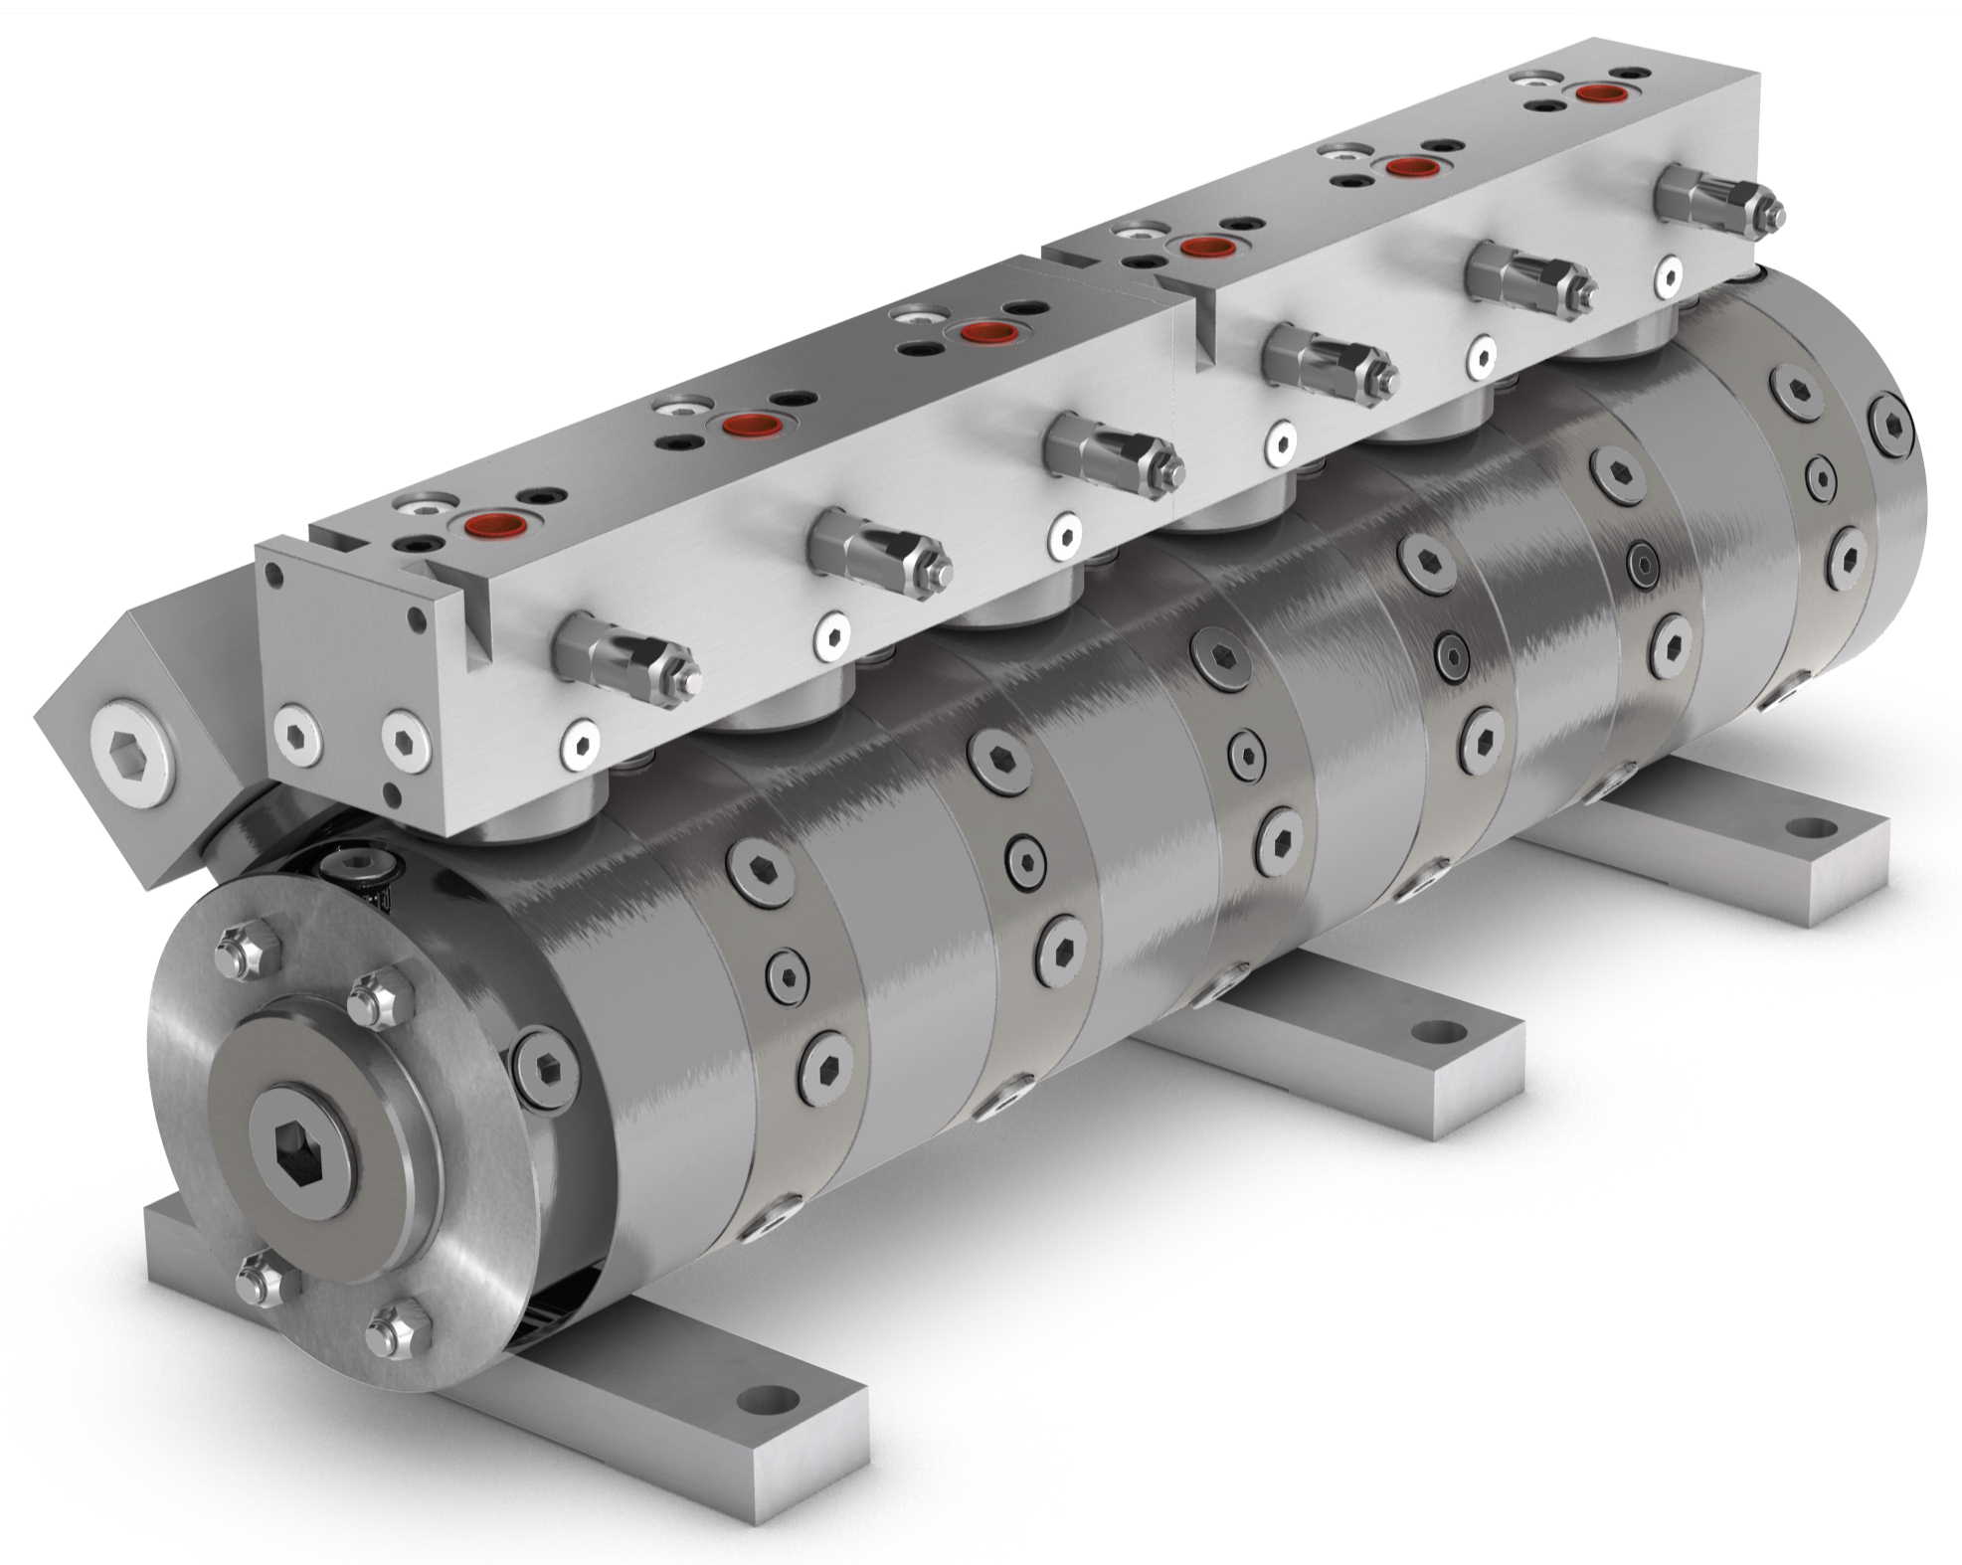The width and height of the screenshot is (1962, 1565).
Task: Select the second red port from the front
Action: pyautogui.click(x=748, y=424)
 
